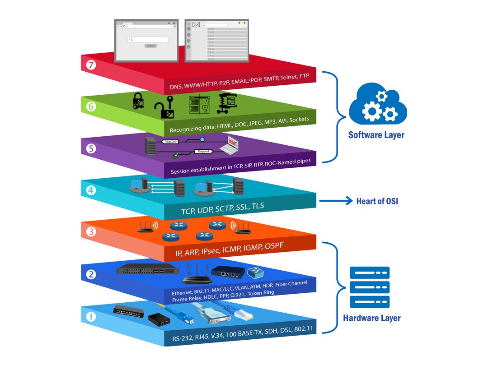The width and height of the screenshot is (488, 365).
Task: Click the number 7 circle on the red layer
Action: (x=91, y=65)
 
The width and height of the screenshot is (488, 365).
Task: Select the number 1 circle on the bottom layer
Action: (x=91, y=317)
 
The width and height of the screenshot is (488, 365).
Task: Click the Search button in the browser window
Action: (x=150, y=46)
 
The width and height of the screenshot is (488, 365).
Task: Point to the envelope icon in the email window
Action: (x=196, y=25)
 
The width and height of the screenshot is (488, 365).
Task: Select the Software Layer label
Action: (x=376, y=135)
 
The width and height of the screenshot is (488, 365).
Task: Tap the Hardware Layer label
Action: (x=371, y=318)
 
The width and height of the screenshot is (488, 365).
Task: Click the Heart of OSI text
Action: (x=377, y=201)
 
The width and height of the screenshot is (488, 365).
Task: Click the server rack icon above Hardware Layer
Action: (x=370, y=287)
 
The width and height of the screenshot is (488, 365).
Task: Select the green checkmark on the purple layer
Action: (x=175, y=156)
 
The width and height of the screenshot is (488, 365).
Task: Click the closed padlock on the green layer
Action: (x=138, y=101)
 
